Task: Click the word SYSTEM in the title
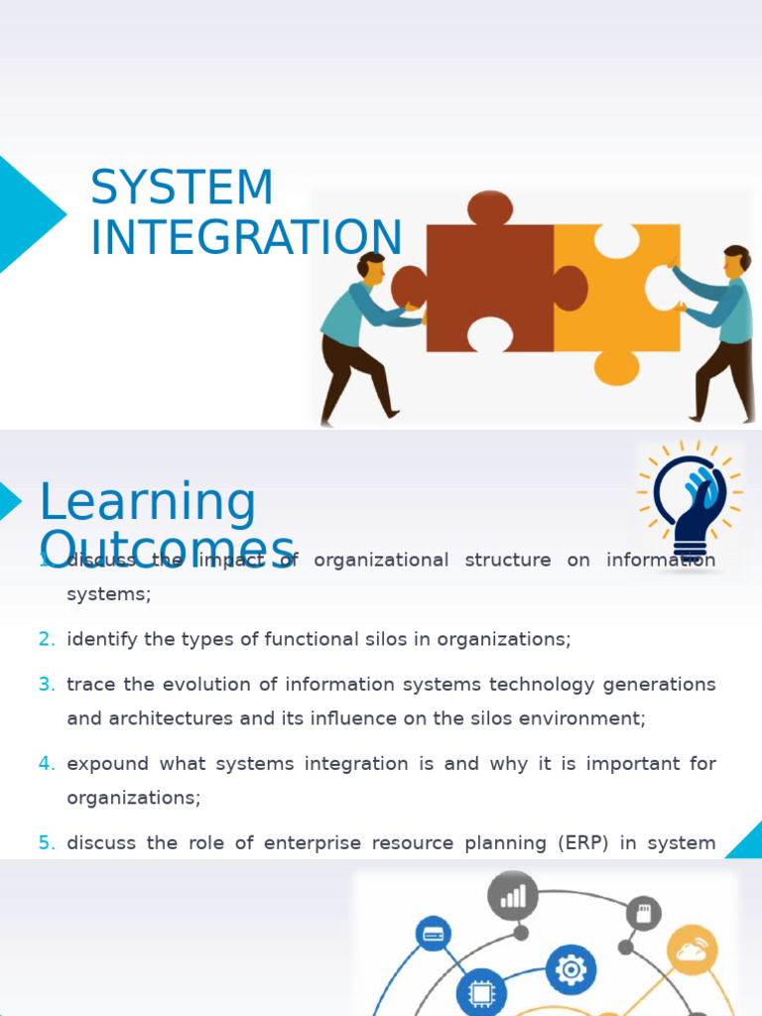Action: tap(182, 189)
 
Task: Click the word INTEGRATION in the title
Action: tap(246, 238)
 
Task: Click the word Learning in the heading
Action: tap(147, 502)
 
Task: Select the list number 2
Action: tap(47, 640)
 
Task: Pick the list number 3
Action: tap(47, 685)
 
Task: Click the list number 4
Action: tap(47, 764)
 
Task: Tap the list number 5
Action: tap(47, 843)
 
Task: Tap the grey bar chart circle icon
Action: tap(513, 896)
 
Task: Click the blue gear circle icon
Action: tap(571, 969)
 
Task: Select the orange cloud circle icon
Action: tap(692, 951)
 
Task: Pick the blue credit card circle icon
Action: tap(433, 934)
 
